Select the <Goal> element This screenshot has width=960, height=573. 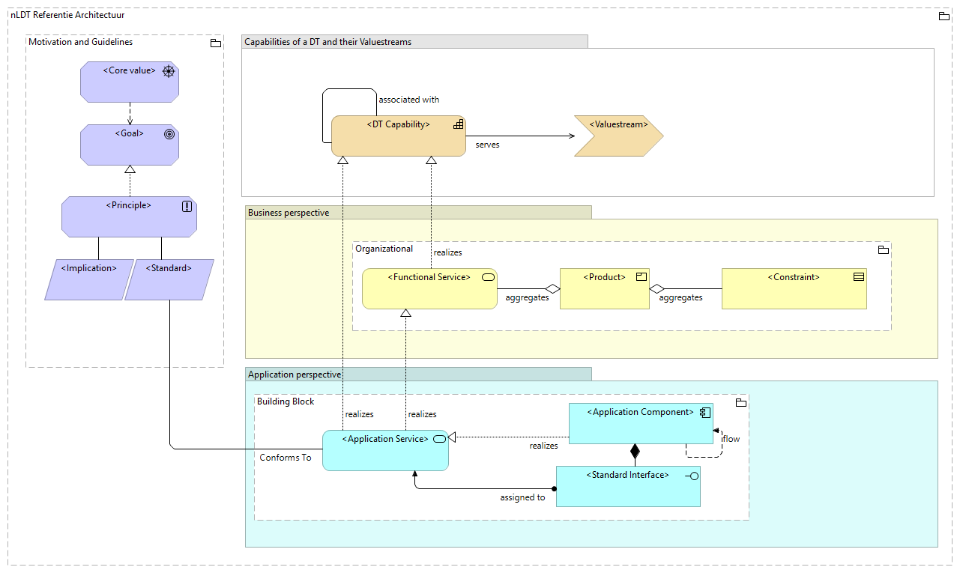tap(130, 145)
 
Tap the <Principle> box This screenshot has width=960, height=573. tap(129, 217)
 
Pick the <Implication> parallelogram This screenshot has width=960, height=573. tap(88, 279)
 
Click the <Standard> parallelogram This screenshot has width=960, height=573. tap(169, 279)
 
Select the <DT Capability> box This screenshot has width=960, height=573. tap(399, 136)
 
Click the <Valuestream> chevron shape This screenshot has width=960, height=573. tap(618, 136)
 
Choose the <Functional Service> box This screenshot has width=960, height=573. tap(429, 288)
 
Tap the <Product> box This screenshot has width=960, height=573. tap(604, 288)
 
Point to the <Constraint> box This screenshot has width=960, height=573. tap(794, 288)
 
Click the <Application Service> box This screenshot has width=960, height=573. tap(385, 450)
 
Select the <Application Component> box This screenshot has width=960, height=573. tap(640, 424)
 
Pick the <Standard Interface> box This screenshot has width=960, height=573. tap(628, 486)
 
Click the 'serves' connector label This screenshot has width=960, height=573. tap(487, 145)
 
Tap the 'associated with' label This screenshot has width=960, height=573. tap(408, 100)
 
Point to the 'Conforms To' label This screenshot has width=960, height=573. tap(285, 458)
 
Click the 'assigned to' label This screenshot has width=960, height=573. tap(522, 497)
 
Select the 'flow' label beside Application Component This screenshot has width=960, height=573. tap(731, 439)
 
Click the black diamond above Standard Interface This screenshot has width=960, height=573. tap(635, 451)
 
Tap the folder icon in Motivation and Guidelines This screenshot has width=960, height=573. tap(215, 43)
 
